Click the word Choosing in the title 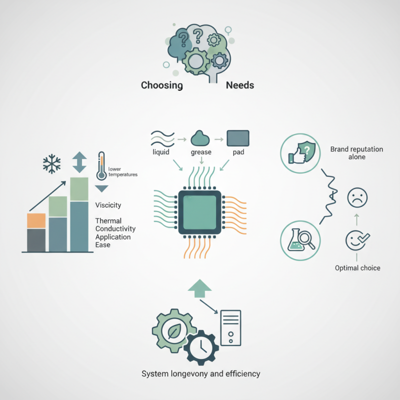pos(161,85)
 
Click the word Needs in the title pos(240,85)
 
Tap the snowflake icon pos(52,164)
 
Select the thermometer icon pos(101,166)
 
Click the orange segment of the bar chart pos(36,220)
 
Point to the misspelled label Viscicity pos(108,205)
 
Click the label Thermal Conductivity pos(115,224)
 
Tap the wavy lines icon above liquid pos(162,139)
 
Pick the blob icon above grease pos(200,138)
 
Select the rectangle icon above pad pos(238,138)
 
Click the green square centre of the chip pos(199,212)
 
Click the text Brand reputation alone pos(356,153)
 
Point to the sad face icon pos(357,197)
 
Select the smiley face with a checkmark pos(357,240)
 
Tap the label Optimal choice pos(357,268)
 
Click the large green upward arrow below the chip pos(199,288)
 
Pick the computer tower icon pos(230,328)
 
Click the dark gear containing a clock pos(201,347)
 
